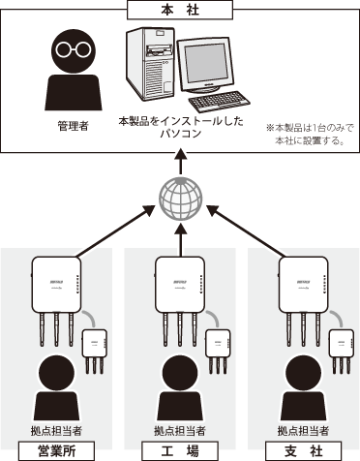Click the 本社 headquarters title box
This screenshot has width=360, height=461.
[x=180, y=10]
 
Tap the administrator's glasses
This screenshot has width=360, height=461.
[x=73, y=49]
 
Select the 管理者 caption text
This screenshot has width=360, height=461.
[x=74, y=126]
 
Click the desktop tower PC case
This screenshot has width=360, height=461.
[x=150, y=64]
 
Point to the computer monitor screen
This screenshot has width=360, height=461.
[x=204, y=63]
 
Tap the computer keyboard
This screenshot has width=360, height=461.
[x=220, y=102]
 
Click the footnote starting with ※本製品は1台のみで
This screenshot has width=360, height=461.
[x=310, y=135]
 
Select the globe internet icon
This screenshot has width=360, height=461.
[x=181, y=199]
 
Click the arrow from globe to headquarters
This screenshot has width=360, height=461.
[x=181, y=162]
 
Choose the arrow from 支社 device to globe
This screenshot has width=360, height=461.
[x=247, y=231]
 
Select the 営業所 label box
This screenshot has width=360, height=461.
[x=57, y=451]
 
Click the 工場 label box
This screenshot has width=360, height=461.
[x=180, y=451]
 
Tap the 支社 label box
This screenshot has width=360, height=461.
[x=303, y=451]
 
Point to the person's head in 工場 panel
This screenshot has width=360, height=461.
[x=180, y=373]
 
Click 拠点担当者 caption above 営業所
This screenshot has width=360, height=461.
[x=56, y=431]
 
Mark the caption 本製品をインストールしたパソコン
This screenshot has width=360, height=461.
[x=181, y=127]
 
